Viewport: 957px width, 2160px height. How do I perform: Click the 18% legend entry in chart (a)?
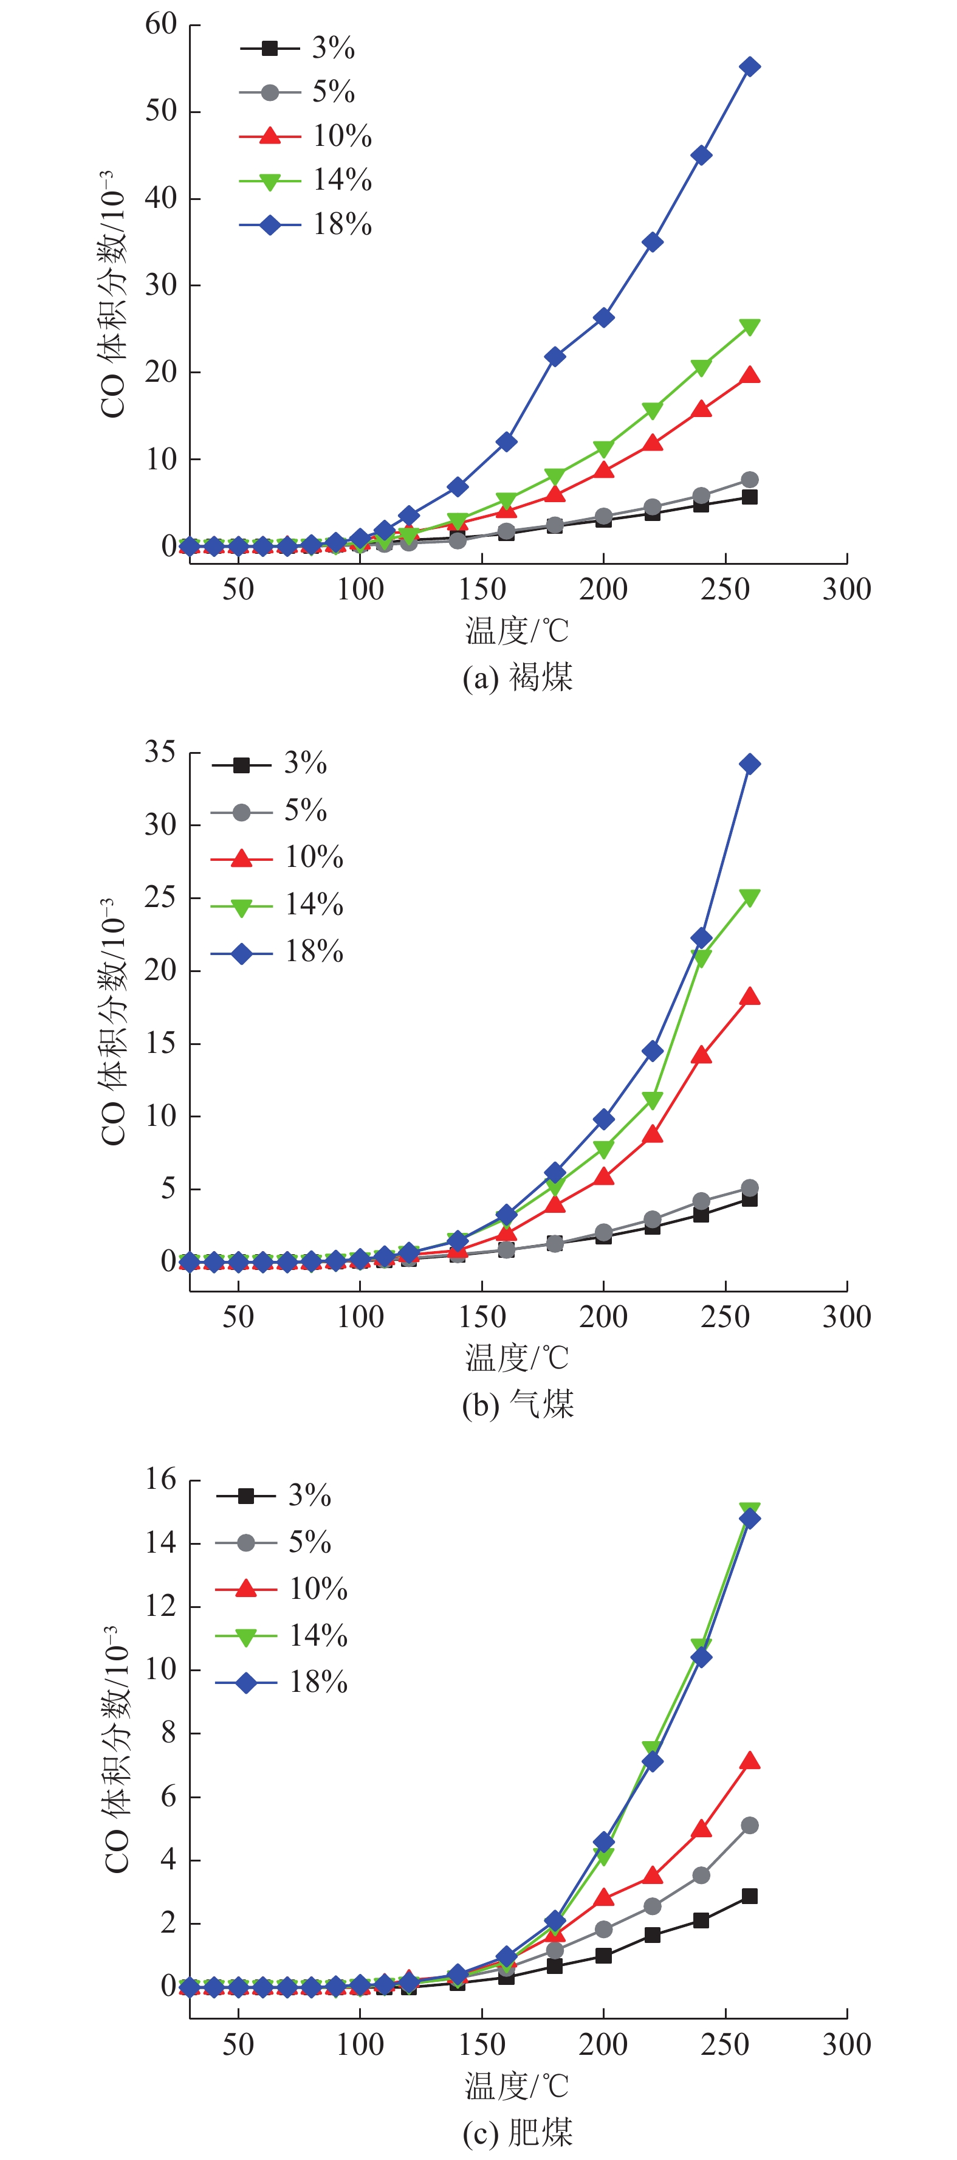pos(306,225)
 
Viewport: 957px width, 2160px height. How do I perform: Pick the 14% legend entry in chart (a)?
pos(306,181)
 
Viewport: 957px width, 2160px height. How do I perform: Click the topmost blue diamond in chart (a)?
pos(750,67)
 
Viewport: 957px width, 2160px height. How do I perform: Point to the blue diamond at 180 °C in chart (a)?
pos(555,356)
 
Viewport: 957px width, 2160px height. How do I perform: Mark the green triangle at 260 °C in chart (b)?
pos(750,898)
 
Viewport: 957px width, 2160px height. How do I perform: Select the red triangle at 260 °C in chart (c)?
pos(750,1761)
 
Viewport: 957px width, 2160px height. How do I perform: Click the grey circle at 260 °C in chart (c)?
pos(750,1826)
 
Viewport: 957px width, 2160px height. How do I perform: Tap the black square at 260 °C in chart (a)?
pos(750,497)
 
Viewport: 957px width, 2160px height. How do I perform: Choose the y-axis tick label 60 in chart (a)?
pos(161,24)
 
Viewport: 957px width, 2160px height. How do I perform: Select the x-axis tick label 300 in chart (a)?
pos(846,590)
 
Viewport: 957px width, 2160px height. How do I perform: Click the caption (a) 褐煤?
pos(518,677)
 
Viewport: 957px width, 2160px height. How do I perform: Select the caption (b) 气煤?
pos(518,1404)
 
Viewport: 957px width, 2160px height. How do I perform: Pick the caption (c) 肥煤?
pos(518,2132)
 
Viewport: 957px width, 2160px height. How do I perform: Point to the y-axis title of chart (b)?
pos(113,1021)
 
